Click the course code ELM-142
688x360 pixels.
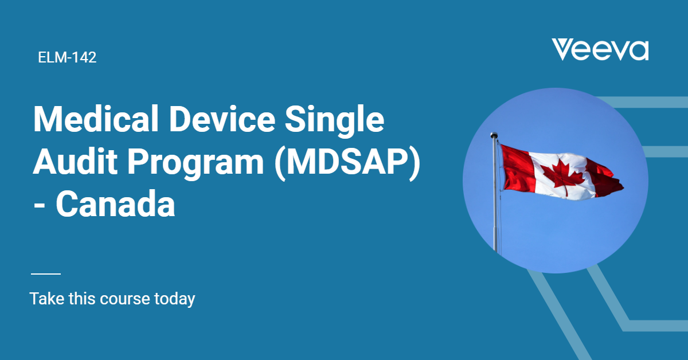[67, 57]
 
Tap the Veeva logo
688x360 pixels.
[600, 50]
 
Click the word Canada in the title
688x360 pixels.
[115, 204]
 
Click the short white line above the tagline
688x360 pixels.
[45, 274]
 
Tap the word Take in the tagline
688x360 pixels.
[47, 299]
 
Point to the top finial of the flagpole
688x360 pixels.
[494, 136]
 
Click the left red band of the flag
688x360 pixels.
[516, 167]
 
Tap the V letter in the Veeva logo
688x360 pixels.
[565, 50]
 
